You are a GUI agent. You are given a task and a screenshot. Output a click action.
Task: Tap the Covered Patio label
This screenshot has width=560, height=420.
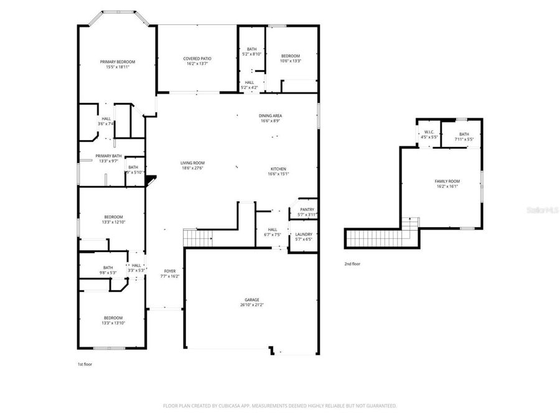coord(197,61)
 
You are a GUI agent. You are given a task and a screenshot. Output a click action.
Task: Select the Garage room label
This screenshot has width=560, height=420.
coord(251,302)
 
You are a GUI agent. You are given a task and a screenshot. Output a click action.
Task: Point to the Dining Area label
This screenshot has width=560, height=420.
coord(271,118)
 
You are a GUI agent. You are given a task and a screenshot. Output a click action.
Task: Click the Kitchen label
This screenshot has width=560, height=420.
coord(278,172)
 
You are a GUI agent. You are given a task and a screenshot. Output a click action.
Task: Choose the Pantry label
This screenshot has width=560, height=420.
coord(307,212)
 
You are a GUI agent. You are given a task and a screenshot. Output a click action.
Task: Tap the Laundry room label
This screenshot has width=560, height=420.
coord(304,236)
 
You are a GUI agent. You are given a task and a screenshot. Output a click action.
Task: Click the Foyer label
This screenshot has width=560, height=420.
coord(169,273)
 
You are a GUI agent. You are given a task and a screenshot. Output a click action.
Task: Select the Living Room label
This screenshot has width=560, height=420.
coord(193,165)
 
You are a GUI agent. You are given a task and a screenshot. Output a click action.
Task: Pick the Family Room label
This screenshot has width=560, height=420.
coord(447,183)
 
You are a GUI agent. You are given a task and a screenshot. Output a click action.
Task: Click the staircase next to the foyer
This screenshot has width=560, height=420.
coord(197,237)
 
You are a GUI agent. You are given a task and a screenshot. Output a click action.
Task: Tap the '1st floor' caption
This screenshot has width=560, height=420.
coord(84,364)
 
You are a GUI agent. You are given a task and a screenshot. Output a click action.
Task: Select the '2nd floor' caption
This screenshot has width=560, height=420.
coord(352,264)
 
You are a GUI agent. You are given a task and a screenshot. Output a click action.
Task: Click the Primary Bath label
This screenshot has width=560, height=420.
coord(108,158)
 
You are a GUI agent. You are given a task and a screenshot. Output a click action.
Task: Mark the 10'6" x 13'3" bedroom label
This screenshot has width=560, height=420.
coord(290,58)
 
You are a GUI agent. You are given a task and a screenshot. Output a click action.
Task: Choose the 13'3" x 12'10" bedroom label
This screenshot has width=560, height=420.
coord(113,219)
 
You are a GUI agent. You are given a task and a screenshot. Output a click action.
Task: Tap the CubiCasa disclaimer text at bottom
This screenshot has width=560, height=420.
coord(279,406)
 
